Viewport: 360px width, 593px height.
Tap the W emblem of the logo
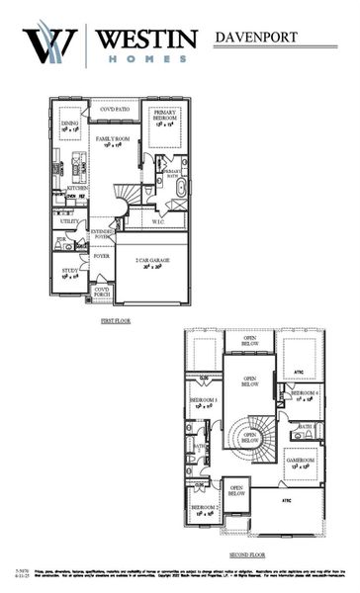pos(49,45)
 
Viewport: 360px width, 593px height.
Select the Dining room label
pos(69,125)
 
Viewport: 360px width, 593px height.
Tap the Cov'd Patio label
pos(114,109)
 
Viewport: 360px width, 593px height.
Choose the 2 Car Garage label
pos(151,264)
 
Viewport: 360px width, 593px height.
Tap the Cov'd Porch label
pos(102,292)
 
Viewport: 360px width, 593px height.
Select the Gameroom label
pos(301,462)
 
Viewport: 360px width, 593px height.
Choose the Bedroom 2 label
pos(204,510)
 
